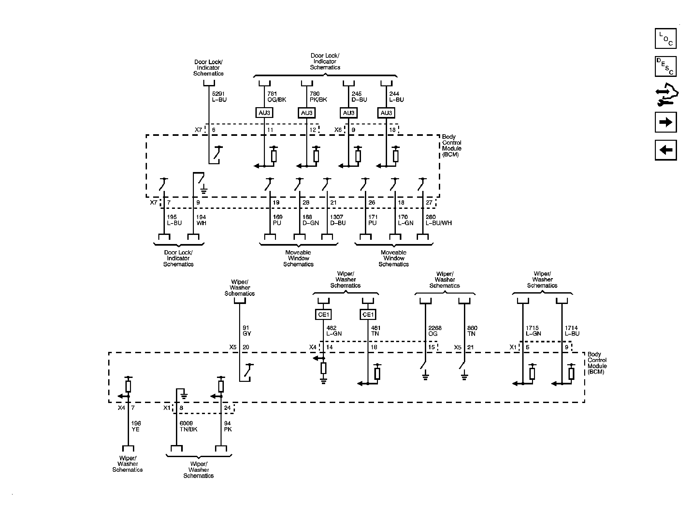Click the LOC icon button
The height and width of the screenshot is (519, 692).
(665, 38)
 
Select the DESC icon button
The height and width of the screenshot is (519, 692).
(665, 66)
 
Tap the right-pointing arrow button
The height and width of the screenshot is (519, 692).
(665, 122)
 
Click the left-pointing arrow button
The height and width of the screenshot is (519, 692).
(665, 150)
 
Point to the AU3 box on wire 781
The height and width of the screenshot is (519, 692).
(264, 113)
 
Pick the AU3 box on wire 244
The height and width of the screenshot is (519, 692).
(386, 113)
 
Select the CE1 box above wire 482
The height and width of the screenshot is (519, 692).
(323, 314)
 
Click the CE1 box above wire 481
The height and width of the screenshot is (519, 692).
(368, 314)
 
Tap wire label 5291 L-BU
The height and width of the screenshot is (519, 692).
(219, 97)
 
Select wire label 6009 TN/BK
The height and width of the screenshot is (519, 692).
(189, 426)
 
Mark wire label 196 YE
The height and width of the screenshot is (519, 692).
(136, 426)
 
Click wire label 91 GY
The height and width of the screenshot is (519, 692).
(247, 331)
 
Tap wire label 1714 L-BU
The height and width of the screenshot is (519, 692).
(572, 331)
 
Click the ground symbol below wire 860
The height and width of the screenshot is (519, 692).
(465, 377)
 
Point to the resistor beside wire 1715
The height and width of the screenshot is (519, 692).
(532, 374)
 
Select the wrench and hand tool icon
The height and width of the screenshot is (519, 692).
(666, 95)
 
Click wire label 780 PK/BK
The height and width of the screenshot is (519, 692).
(318, 97)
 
